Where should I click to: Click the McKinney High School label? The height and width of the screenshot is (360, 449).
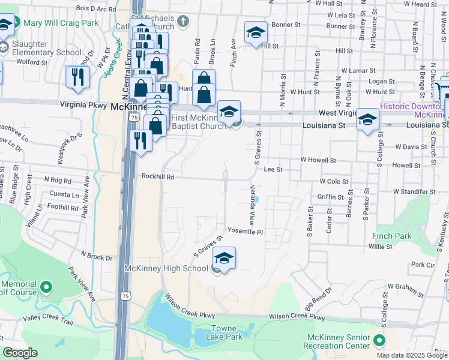point(166,268)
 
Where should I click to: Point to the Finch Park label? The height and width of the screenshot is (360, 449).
point(391,236)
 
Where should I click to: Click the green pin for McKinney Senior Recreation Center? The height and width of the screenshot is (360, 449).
point(379,341)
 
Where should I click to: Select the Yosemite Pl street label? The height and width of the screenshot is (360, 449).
point(245,232)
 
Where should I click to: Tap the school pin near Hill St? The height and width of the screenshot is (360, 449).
point(256,34)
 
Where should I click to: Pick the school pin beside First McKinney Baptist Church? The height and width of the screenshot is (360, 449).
point(229,112)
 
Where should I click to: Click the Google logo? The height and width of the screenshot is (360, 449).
point(20,353)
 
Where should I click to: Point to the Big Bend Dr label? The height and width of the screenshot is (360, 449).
point(318,299)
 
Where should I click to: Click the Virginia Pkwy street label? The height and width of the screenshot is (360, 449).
point(83,104)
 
